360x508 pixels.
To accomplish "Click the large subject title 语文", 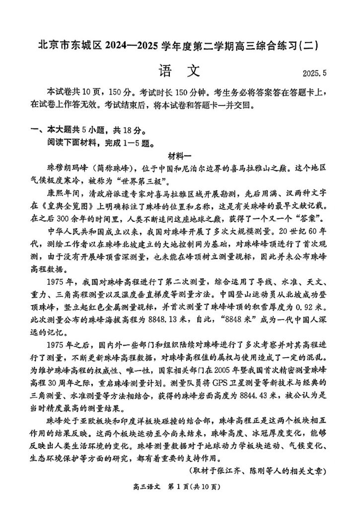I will (x=180, y=71).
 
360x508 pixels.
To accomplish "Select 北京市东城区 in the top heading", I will (x=69, y=46).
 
